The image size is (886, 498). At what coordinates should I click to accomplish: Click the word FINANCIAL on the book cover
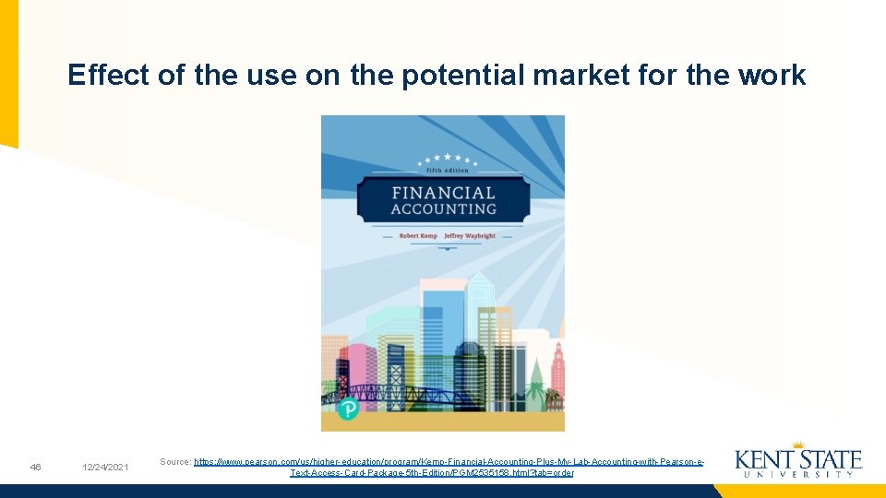(x=443, y=193)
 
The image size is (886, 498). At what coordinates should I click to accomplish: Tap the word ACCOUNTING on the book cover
(x=443, y=209)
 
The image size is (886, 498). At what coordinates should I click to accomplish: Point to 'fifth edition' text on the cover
(x=447, y=171)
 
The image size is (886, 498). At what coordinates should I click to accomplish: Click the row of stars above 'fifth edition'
(x=447, y=159)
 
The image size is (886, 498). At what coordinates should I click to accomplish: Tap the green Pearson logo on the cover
(x=348, y=408)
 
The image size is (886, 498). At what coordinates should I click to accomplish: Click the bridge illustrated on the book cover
(x=406, y=397)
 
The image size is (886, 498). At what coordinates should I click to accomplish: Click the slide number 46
(x=35, y=468)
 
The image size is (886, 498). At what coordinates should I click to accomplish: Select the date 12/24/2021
(x=104, y=468)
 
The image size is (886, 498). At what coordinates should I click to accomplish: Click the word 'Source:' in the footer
(x=175, y=461)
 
